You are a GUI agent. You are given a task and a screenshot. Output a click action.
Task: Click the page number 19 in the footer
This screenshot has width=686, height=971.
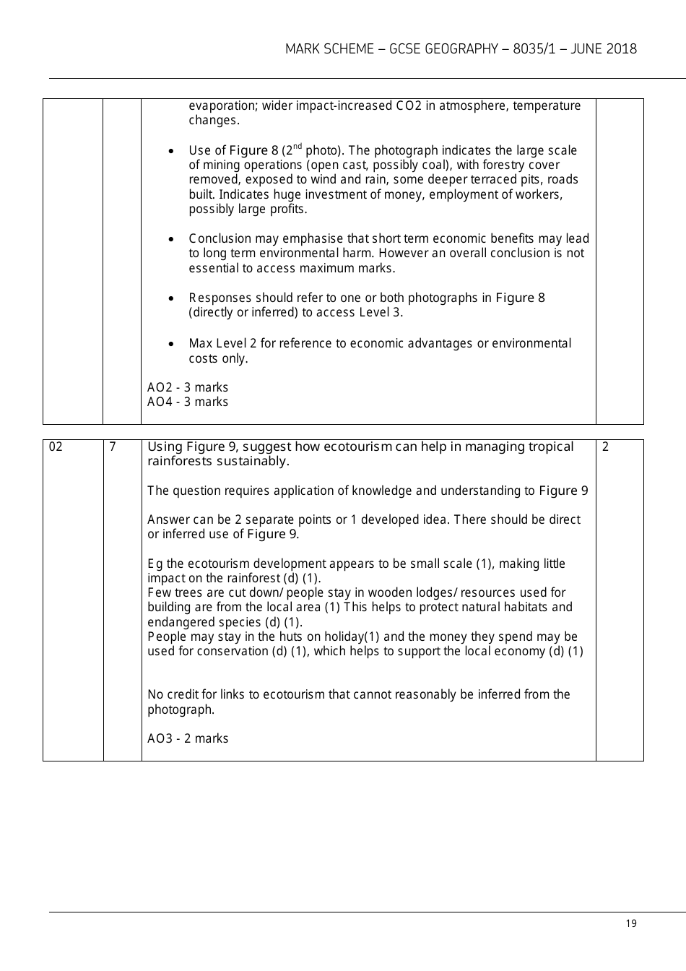pos(631,923)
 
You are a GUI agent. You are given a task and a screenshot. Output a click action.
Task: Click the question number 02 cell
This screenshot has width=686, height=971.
pos(56,447)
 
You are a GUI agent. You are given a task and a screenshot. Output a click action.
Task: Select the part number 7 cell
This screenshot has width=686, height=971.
pos(113,447)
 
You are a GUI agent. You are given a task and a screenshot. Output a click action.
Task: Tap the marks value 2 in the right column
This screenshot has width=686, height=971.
pos(605,447)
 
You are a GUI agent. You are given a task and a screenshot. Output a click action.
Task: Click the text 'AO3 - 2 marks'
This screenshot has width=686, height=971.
pos(188,738)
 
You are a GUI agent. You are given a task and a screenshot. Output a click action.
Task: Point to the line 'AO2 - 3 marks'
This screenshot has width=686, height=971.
pos(188,387)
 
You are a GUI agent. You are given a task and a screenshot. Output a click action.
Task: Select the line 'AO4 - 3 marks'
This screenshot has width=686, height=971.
pos(188,402)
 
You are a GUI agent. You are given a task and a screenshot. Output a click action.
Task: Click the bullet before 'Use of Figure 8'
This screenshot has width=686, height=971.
pos(170,152)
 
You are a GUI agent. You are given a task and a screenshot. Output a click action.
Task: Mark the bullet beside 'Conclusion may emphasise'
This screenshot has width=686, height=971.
pos(170,239)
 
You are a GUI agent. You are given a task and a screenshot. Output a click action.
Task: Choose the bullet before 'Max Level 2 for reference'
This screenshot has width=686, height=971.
pos(170,345)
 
